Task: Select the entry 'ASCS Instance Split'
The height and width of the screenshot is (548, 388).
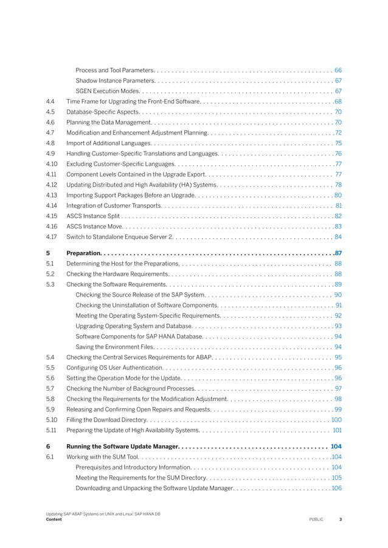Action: tap(94, 216)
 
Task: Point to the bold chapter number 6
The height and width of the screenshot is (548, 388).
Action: tap(48, 447)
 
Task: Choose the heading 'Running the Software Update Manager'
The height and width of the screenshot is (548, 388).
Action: tap(122, 447)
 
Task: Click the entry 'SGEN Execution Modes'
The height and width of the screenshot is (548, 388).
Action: tap(108, 91)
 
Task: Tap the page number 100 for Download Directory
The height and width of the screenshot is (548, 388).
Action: tap(336, 419)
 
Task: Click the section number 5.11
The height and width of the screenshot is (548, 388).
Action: tap(51, 430)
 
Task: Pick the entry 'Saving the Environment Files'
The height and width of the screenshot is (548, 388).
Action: tap(117, 346)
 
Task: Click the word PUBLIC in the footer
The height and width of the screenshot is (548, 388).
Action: tap(316, 519)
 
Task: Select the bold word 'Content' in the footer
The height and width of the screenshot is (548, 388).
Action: tap(54, 519)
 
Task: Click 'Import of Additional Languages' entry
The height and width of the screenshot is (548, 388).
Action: tap(108, 143)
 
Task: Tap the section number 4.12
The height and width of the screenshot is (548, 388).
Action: tap(51, 185)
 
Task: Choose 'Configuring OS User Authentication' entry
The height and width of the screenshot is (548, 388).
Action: tap(114, 368)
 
